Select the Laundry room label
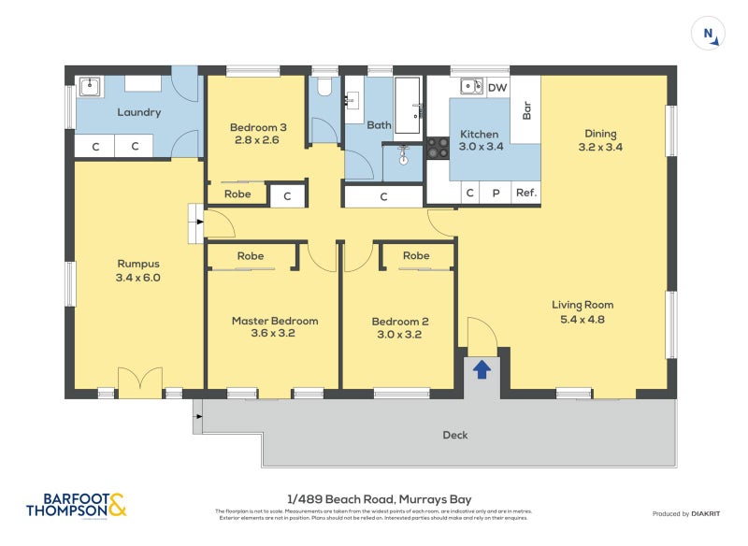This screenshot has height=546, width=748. click(138, 112)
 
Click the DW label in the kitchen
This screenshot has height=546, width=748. click(497, 88)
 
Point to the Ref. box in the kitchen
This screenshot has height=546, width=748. click(525, 194)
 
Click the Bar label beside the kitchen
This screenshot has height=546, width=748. click(526, 110)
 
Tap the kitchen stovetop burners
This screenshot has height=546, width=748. click(438, 147)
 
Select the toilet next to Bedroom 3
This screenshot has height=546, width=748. click(324, 87)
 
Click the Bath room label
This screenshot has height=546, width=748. click(379, 124)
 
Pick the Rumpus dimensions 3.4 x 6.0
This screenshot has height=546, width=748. click(138, 278)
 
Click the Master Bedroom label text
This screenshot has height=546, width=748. click(274, 321)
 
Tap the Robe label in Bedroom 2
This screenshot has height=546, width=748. click(416, 255)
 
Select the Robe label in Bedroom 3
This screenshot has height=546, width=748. click(237, 194)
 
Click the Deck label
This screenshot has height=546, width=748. click(454, 435)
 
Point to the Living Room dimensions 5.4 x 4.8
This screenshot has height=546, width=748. click(582, 319)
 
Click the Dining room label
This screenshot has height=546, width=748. click(600, 133)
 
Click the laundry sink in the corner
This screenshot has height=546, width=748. click(91, 87)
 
